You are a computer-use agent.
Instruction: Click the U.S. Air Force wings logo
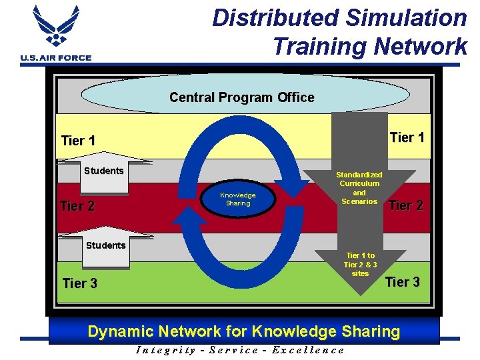(x=55, y=28)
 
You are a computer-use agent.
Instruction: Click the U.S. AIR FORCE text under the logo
(x=56, y=58)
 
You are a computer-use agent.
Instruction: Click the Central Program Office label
(x=241, y=97)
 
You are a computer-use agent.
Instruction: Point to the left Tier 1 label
(x=78, y=141)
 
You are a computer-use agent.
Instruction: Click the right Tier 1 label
(x=407, y=137)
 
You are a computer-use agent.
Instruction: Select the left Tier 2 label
(x=77, y=206)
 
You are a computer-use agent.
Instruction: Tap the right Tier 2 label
(x=406, y=205)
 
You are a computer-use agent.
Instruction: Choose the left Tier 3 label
(x=79, y=283)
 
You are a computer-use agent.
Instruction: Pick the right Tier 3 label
(x=403, y=282)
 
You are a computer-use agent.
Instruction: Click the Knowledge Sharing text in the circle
(x=238, y=199)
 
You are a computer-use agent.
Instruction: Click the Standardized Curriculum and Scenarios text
(x=359, y=188)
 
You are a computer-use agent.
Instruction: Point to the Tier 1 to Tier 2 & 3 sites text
(x=360, y=265)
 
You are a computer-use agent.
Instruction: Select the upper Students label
(x=103, y=171)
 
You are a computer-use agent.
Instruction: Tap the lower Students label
(x=105, y=245)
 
